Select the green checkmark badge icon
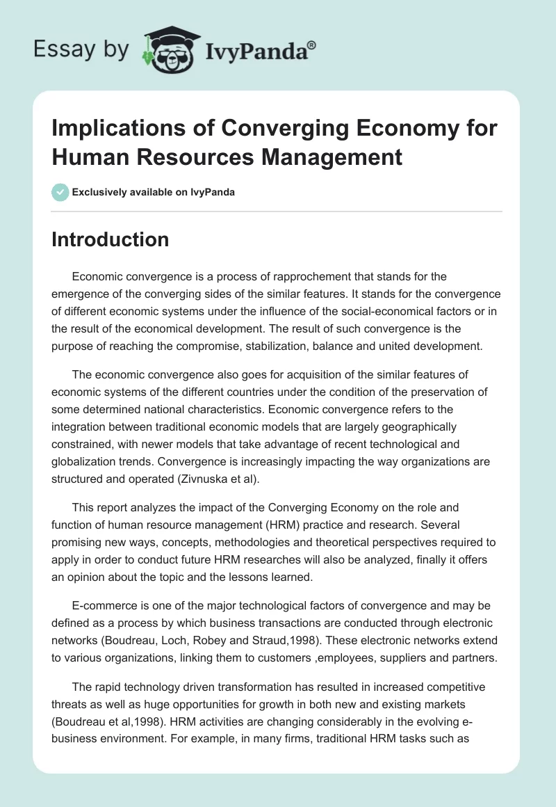(60, 192)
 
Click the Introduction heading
(111, 239)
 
